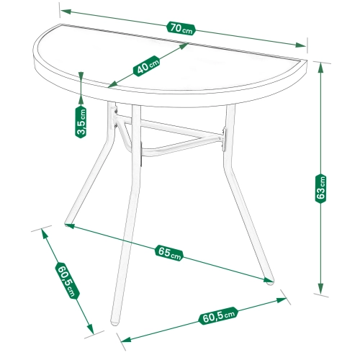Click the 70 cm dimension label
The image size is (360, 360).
(181, 29)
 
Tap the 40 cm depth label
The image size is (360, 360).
(146, 66)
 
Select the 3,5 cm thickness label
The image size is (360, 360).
(81, 122)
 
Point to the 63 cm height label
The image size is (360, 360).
(320, 189)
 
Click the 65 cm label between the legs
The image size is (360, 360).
(169, 253)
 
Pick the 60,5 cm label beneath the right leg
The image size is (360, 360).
(218, 316)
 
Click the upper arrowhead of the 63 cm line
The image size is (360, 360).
(320, 68)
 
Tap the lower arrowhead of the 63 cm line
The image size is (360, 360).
(320, 288)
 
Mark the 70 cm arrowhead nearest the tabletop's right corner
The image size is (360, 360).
(301, 45)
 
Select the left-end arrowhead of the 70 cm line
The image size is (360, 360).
(66, 12)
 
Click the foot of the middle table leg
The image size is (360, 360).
(114, 323)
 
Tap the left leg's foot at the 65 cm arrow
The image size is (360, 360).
(67, 224)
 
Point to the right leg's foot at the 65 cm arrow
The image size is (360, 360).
(270, 282)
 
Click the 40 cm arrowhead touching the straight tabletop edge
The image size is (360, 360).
(183, 46)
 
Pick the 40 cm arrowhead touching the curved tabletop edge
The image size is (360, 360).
(113, 84)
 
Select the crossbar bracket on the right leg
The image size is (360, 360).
(224, 139)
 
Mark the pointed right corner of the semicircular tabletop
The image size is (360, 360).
(307, 61)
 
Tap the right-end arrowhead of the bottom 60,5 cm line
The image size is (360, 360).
(282, 300)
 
